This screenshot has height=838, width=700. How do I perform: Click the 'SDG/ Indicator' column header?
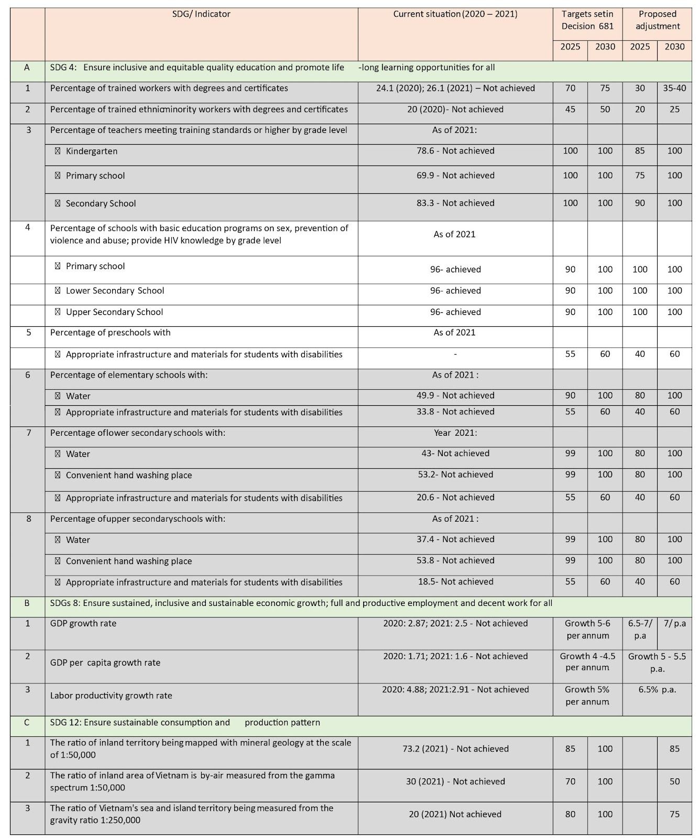click(x=201, y=14)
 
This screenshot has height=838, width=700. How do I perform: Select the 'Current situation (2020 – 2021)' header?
click(x=455, y=14)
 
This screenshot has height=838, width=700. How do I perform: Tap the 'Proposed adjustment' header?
click(x=657, y=20)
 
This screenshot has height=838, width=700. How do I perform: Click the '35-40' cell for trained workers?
click(x=674, y=88)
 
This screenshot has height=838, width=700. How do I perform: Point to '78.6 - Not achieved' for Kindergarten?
click(x=455, y=151)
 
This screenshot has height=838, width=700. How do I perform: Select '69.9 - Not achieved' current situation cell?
click(x=455, y=175)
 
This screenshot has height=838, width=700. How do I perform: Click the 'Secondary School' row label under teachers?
click(x=101, y=203)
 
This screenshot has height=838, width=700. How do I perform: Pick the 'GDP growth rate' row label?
click(x=83, y=623)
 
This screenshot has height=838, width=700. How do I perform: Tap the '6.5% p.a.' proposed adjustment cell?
click(x=657, y=690)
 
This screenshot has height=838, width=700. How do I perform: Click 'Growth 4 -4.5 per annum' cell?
click(x=587, y=662)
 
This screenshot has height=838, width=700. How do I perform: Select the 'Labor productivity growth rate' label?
click(x=111, y=696)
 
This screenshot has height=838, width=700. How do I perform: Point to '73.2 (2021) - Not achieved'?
click(x=455, y=749)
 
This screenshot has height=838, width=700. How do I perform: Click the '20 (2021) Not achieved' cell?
click(x=455, y=814)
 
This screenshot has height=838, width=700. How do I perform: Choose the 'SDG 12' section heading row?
click(x=185, y=723)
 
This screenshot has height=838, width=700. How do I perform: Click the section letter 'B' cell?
click(x=27, y=603)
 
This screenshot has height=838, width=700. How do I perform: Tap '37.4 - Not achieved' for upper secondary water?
click(x=455, y=539)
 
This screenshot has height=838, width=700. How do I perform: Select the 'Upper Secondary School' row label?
click(x=114, y=312)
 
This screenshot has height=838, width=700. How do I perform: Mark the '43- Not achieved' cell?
click(x=455, y=454)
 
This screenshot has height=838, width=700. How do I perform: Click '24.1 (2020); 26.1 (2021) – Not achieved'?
click(x=455, y=88)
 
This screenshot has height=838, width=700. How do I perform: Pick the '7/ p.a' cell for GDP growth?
click(x=674, y=623)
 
